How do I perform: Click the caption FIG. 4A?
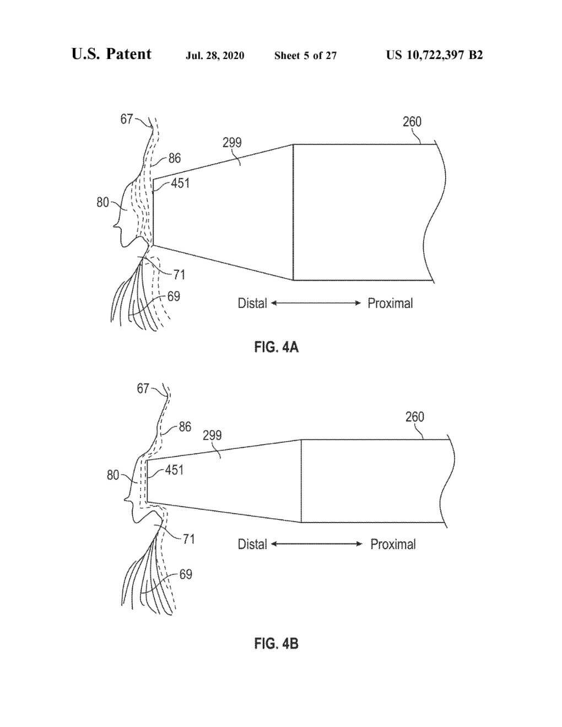tap(276, 347)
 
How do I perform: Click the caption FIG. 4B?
tap(276, 643)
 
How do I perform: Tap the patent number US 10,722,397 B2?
tap(434, 55)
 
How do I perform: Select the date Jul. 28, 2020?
tap(215, 56)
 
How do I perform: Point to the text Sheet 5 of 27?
tap(305, 56)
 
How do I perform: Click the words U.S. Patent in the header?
tap(111, 54)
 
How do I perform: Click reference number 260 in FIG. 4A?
tap(412, 122)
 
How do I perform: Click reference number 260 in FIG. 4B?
tap(414, 417)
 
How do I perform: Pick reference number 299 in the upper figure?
tap(232, 143)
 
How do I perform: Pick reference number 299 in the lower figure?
tap(212, 436)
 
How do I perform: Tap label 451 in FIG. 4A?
tap(180, 183)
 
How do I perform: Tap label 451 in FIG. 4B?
tap(174, 470)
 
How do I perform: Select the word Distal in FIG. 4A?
tap(252, 303)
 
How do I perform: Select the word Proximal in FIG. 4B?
tap(393, 545)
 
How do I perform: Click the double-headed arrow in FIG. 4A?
tap(316, 303)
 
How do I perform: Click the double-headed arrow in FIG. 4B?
tap(317, 544)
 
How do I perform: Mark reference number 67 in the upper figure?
tap(127, 119)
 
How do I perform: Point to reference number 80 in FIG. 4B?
tap(113, 475)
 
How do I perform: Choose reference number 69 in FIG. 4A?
tap(174, 297)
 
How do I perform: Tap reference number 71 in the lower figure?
tap(189, 539)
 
